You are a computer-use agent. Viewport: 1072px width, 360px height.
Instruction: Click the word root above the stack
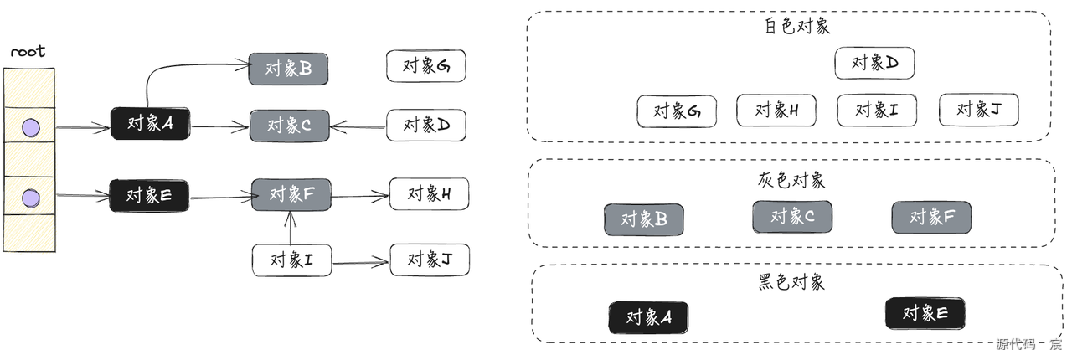(x=28, y=52)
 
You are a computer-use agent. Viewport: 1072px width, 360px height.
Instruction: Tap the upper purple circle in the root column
(x=30, y=127)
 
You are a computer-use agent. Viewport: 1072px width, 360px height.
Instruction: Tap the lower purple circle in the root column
(x=30, y=198)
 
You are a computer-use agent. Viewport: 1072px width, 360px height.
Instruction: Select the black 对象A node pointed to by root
(x=150, y=124)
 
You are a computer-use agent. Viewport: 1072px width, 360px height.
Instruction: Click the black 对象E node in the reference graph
(x=149, y=195)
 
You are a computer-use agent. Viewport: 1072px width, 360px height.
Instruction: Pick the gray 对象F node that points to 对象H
(x=291, y=194)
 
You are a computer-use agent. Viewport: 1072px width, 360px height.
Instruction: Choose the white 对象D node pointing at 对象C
(x=425, y=125)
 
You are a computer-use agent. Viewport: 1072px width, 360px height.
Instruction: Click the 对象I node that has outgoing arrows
(x=291, y=260)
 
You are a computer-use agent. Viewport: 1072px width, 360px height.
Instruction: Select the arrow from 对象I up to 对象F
(x=291, y=228)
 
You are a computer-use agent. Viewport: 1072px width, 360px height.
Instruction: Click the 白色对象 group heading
(x=796, y=26)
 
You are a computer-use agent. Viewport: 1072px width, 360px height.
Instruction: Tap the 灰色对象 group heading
(x=791, y=181)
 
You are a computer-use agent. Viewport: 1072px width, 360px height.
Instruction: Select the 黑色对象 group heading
(x=791, y=281)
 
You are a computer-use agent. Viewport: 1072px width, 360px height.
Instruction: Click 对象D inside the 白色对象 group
(x=874, y=63)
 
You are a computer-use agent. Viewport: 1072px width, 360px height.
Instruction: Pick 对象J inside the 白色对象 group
(x=978, y=110)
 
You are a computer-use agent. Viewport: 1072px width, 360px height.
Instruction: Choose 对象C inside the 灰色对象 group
(x=791, y=218)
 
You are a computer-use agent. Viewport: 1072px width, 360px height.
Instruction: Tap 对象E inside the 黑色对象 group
(x=925, y=313)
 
